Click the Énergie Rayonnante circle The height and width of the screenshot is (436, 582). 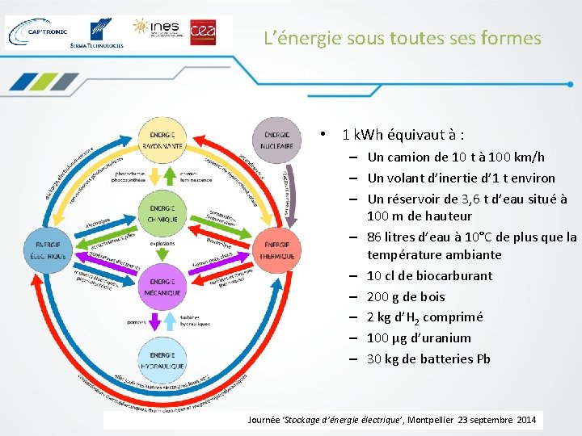tap(161, 139)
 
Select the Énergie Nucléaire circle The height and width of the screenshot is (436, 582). tap(277, 139)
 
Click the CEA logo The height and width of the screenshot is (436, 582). tap(202, 32)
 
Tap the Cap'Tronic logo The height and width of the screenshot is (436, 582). tap(34, 32)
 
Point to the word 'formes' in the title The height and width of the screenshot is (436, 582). tap(512, 38)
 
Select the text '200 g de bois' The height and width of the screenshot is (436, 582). tap(406, 296)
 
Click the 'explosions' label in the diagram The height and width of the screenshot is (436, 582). tap(162, 243)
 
